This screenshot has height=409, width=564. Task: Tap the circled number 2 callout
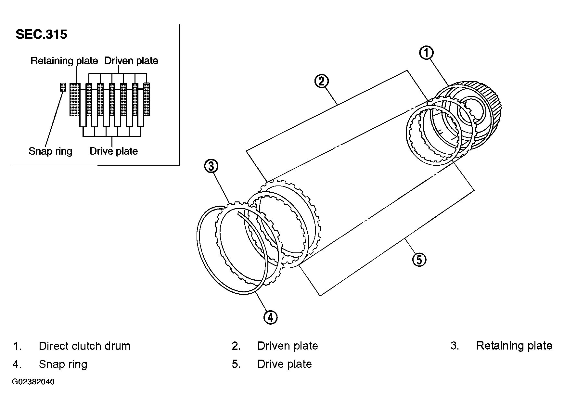321,81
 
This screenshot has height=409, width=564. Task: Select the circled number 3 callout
211,166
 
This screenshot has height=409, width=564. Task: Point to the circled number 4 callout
270,317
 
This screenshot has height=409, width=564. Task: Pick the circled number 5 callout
419,260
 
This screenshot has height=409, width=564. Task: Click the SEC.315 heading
41,34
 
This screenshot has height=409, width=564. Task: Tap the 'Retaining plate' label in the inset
64,61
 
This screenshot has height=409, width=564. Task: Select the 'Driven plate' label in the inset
131,61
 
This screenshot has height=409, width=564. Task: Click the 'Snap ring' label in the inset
50,151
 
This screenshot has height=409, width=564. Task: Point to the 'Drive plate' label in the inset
114,151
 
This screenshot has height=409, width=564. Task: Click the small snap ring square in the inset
63,87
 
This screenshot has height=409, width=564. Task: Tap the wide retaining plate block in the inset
75,99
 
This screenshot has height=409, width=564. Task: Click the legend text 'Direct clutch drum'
84,346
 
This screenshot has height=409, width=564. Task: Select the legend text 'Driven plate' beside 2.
288,346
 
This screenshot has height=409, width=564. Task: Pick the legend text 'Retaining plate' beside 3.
514,346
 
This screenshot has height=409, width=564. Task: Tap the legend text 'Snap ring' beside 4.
63,364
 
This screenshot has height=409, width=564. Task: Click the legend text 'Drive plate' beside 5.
285,364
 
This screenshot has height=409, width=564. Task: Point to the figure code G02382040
33,382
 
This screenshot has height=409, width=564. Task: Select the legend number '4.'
17,364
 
